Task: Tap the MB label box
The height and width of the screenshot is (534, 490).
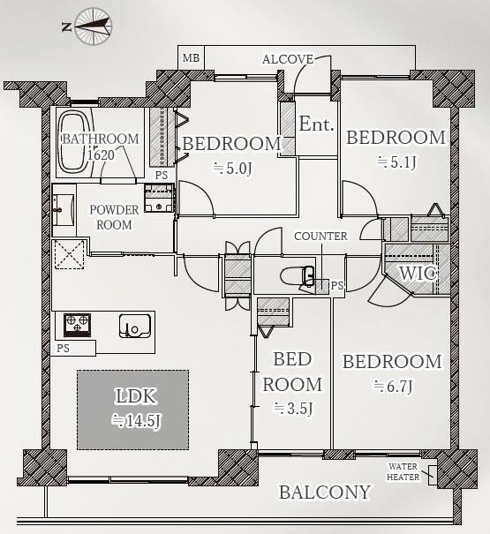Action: coord(191,57)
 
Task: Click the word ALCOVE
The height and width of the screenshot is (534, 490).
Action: coord(288,59)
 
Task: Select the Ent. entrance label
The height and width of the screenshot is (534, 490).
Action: coord(316,124)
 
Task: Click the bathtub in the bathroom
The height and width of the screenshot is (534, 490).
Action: coord(74,142)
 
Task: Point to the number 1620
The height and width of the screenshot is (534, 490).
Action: coord(101,155)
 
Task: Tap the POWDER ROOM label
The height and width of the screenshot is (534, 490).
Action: coord(114,217)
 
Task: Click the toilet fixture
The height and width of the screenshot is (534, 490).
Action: coord(297,276)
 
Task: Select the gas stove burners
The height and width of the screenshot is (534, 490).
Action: coord(78,325)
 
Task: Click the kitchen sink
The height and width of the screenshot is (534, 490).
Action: coord(135,326)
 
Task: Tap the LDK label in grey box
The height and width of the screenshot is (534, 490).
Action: coord(136,396)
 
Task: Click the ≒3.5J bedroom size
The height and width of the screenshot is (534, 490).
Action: coord(293,408)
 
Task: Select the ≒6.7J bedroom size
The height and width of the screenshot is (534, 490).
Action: coord(393,387)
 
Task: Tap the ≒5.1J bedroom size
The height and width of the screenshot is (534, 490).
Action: coord(396,162)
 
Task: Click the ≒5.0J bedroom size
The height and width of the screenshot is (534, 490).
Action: coord(232,169)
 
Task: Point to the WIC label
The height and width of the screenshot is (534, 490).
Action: coord(418,274)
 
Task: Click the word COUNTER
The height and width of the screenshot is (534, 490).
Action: coord(320,237)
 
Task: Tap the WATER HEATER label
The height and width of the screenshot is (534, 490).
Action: coord(403,471)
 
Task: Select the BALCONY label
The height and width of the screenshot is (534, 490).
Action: coord(325,493)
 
